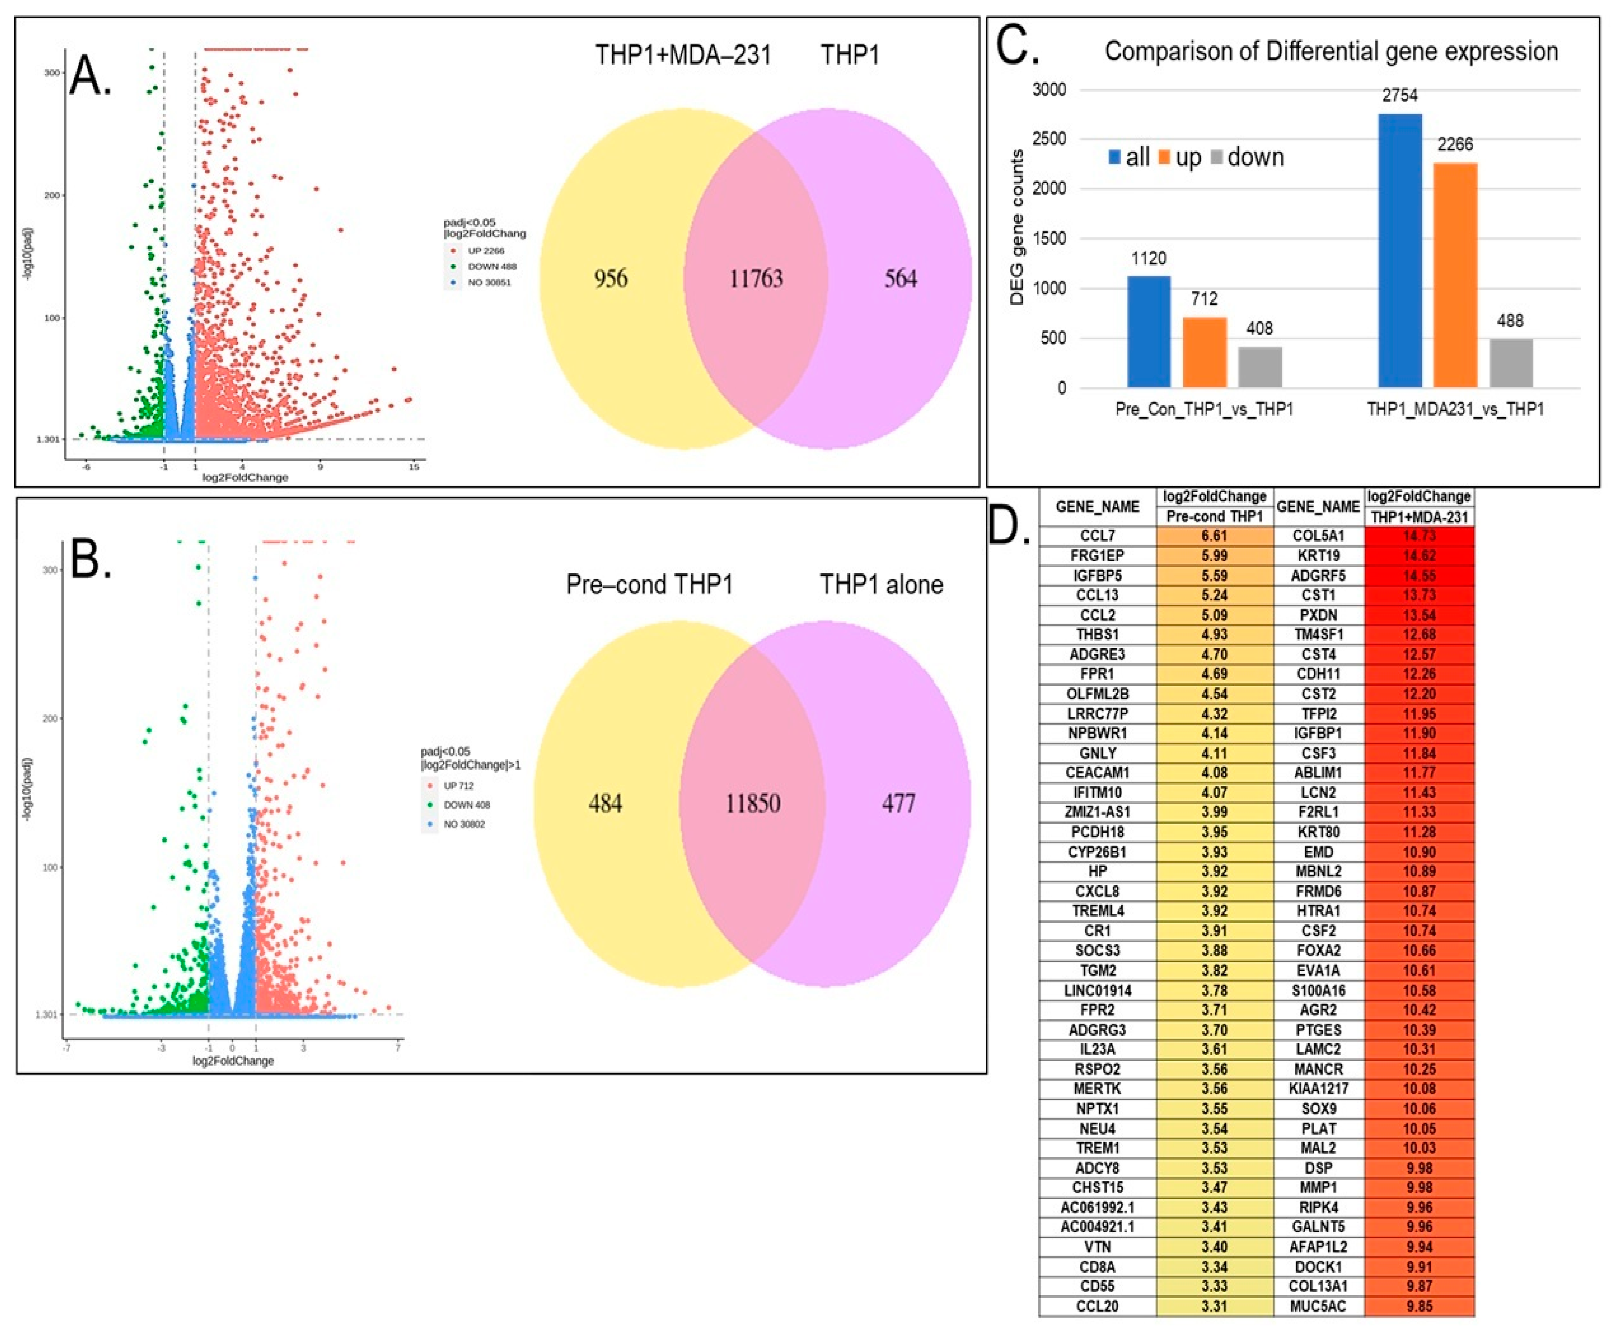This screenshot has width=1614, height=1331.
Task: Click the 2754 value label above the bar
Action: pos(1399,96)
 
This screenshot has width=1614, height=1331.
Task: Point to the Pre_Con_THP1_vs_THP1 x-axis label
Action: pos(1204,410)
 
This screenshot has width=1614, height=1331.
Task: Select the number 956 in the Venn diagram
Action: pos(611,278)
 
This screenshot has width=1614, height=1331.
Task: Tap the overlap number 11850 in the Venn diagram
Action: pos(753,803)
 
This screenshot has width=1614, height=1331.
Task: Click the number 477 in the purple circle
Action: pos(898,803)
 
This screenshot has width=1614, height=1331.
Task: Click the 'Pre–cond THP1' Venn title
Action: pos(649,585)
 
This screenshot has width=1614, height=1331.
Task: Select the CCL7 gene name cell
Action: pos(1097,536)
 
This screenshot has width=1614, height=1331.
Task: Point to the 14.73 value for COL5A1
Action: pos(1419,536)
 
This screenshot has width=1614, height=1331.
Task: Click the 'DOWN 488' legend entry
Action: pos(491,267)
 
